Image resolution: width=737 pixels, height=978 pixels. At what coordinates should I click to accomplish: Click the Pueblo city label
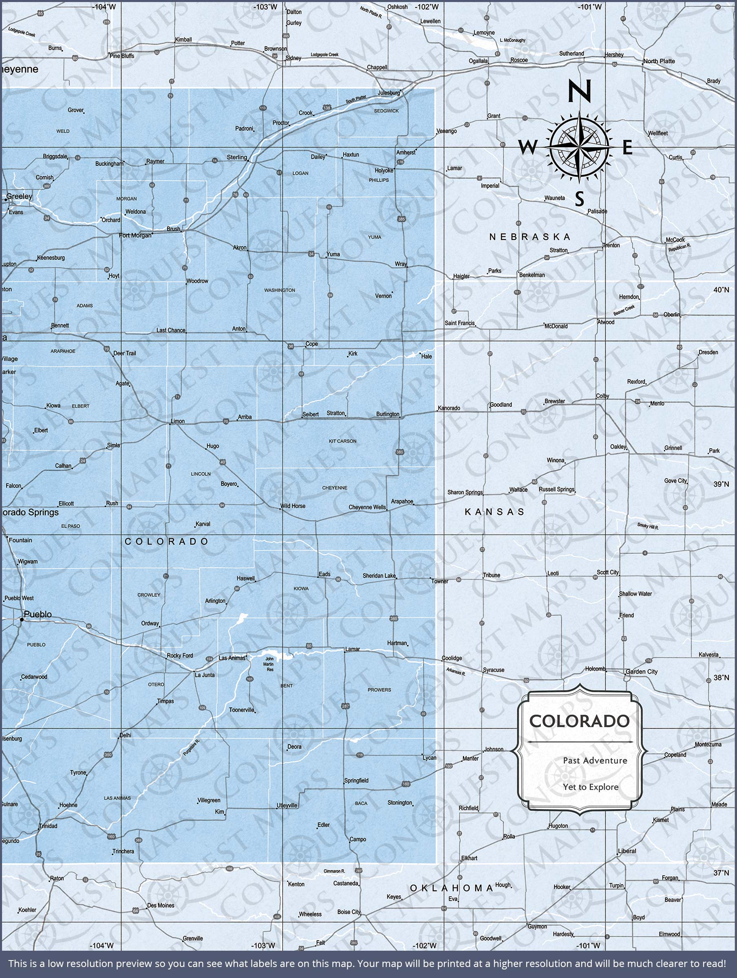point(38,614)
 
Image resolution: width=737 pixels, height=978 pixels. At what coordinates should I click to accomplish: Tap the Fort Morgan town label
point(135,236)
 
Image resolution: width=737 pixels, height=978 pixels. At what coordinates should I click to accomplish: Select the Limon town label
point(178,421)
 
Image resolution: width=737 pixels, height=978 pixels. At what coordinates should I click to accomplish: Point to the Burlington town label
point(388,414)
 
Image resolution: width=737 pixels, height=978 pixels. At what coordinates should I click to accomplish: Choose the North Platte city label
point(659,61)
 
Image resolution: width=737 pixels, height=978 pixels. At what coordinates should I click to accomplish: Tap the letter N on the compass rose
point(579,90)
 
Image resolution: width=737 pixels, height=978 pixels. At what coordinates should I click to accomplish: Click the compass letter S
point(580,199)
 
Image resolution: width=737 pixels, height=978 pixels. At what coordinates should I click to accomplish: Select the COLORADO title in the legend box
point(580,721)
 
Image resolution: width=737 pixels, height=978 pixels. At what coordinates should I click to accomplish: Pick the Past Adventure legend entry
point(595,760)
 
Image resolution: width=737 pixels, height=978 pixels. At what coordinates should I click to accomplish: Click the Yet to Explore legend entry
point(591,787)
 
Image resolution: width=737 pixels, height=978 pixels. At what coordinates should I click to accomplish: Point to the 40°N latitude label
point(721,290)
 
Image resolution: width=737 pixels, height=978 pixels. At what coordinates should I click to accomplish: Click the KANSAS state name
point(494,512)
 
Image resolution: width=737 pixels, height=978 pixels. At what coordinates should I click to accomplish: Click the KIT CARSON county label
point(342,441)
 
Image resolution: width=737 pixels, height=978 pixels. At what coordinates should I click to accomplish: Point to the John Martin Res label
point(269,664)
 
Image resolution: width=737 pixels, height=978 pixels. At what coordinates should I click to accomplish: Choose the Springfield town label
point(356,781)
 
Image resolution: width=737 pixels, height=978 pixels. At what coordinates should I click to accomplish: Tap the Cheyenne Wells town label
point(367,507)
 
